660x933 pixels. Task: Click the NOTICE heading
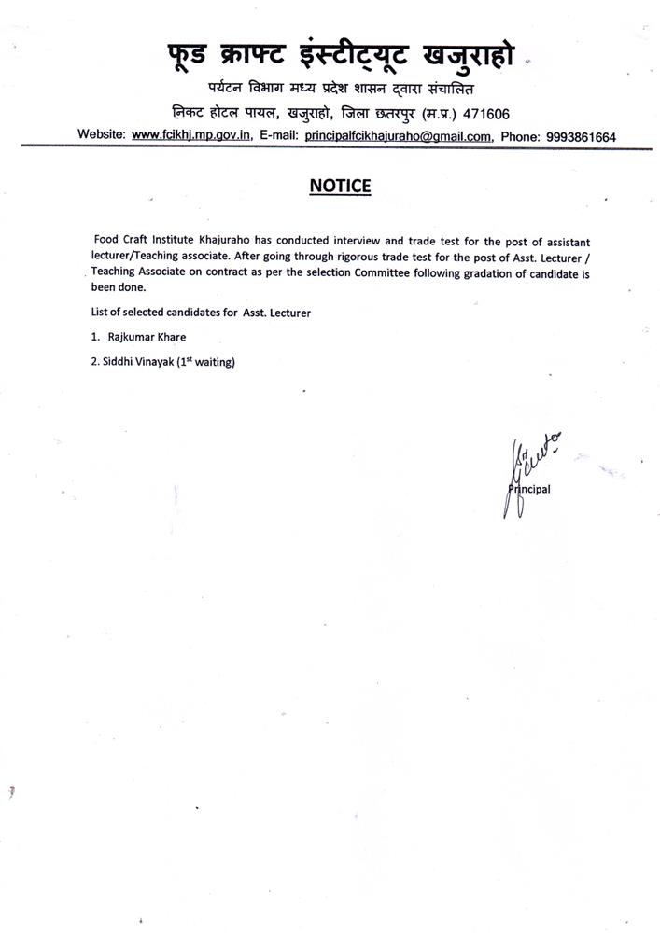[340, 186]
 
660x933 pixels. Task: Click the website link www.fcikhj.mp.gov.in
[191, 135]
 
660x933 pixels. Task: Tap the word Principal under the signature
[530, 488]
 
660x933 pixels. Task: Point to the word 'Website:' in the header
[102, 135]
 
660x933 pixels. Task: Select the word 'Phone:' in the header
[520, 136]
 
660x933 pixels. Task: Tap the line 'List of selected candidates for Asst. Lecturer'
[201, 313]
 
